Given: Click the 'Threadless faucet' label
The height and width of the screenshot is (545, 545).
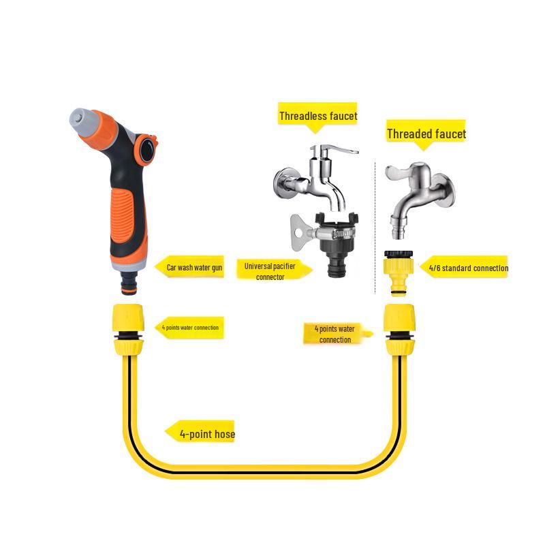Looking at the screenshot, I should [317, 116].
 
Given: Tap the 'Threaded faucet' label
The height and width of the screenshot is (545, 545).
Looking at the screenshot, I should [426, 134].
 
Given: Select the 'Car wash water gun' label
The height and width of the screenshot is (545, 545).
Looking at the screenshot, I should [194, 268].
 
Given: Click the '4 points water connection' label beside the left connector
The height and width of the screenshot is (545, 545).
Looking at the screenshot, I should [189, 328].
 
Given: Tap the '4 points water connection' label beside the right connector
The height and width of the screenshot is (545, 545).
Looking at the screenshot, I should [334, 334].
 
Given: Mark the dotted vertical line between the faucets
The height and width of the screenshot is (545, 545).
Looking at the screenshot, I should [375, 225].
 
